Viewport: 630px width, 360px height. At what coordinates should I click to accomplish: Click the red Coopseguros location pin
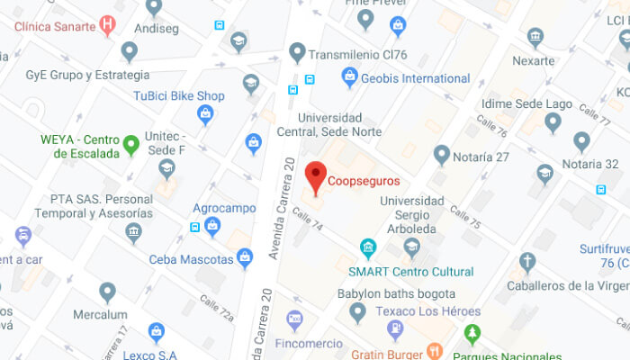(x=315, y=175)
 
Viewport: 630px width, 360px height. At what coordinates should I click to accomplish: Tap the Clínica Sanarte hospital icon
(x=108, y=24)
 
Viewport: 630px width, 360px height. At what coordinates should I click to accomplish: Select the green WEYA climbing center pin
(x=131, y=144)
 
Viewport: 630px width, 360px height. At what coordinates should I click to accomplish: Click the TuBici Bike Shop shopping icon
(x=206, y=114)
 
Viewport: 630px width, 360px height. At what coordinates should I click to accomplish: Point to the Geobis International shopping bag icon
(x=350, y=78)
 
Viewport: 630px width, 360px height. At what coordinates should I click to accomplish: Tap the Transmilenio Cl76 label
(x=357, y=55)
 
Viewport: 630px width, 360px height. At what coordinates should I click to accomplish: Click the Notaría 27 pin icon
(x=441, y=156)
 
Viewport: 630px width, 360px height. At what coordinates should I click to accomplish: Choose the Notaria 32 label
(x=590, y=164)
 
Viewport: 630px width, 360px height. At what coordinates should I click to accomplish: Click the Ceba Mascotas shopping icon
(x=245, y=259)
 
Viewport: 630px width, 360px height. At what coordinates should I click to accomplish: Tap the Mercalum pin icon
(x=108, y=292)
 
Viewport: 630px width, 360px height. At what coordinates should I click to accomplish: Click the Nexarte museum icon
(x=535, y=38)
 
